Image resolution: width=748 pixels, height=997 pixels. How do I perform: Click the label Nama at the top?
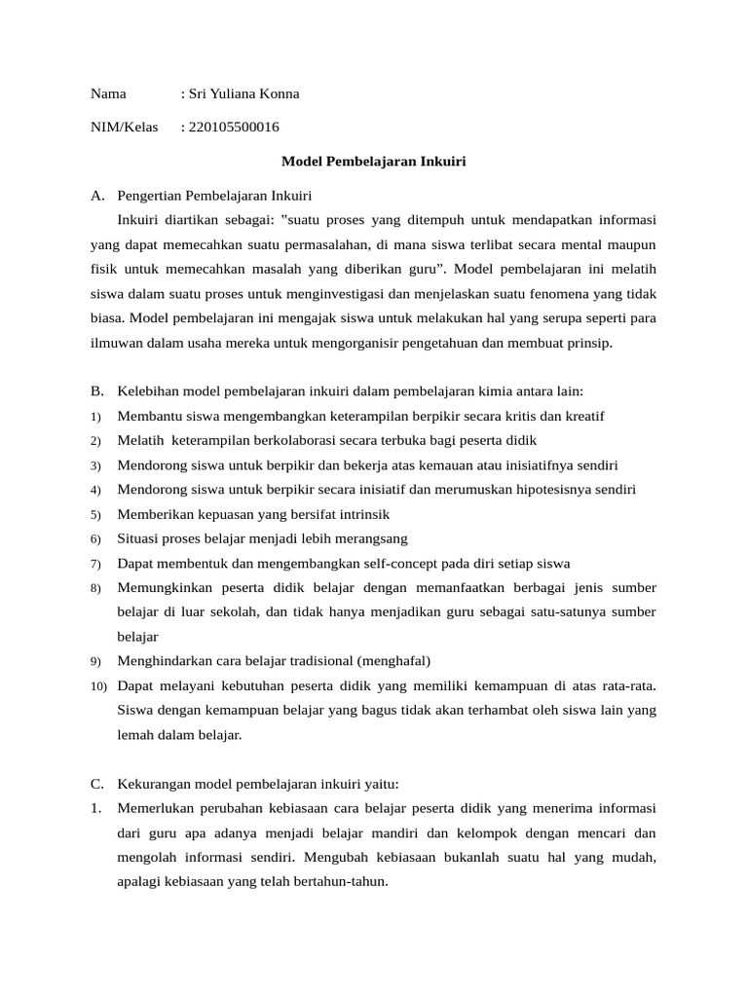pos(108,94)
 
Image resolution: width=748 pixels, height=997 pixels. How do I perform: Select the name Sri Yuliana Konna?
pos(243,94)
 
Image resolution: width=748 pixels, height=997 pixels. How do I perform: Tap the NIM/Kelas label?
pos(124,128)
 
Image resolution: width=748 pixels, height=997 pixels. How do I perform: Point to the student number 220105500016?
pos(234,128)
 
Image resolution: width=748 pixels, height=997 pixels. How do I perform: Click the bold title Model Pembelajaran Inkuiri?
pos(374,162)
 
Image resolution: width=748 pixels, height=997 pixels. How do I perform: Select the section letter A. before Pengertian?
pos(97,196)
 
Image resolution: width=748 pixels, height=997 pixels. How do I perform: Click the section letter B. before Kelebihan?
pos(97,391)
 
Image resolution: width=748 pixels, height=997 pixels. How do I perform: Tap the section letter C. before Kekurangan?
pos(97,784)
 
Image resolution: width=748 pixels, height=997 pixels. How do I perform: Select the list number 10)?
pos(98,686)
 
